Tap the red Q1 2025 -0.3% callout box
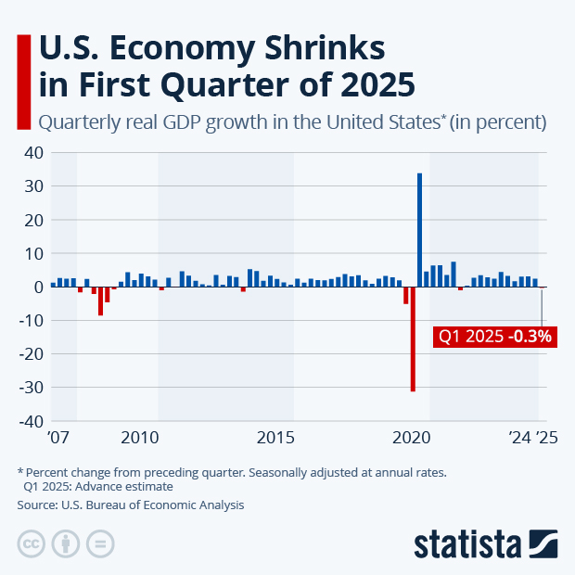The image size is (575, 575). click(494, 337)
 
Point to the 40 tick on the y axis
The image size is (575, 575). click(34, 153)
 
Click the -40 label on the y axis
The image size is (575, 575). click(31, 421)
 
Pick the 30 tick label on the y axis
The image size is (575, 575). click(34, 186)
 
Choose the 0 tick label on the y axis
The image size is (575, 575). click(39, 287)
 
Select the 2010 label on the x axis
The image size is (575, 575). click(141, 437)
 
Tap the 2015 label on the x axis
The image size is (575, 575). click(275, 437)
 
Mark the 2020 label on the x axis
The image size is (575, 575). click(411, 437)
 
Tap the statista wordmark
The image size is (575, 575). click(468, 543)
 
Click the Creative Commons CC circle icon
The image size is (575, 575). click(32, 543)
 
